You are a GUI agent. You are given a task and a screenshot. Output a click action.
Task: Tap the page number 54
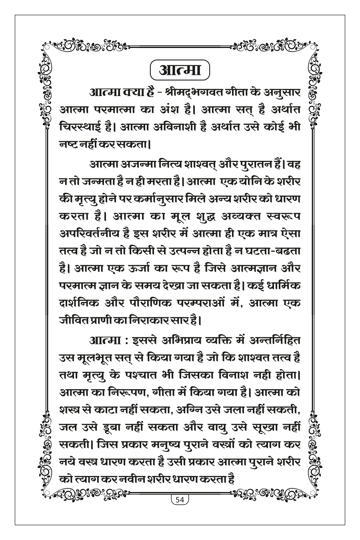click(179, 500)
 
